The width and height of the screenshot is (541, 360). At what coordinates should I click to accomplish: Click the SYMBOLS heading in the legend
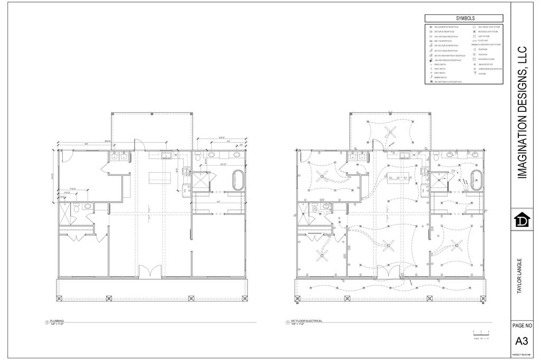point(465,18)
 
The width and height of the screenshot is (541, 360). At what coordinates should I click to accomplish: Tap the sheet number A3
point(521,340)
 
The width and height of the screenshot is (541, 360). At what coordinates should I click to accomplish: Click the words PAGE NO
point(521,326)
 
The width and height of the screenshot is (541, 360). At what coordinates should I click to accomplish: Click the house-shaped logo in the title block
point(521,220)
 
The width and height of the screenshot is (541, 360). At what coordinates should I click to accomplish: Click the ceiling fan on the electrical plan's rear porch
point(391,132)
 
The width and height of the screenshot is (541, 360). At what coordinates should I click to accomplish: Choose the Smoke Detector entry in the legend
point(485,64)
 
